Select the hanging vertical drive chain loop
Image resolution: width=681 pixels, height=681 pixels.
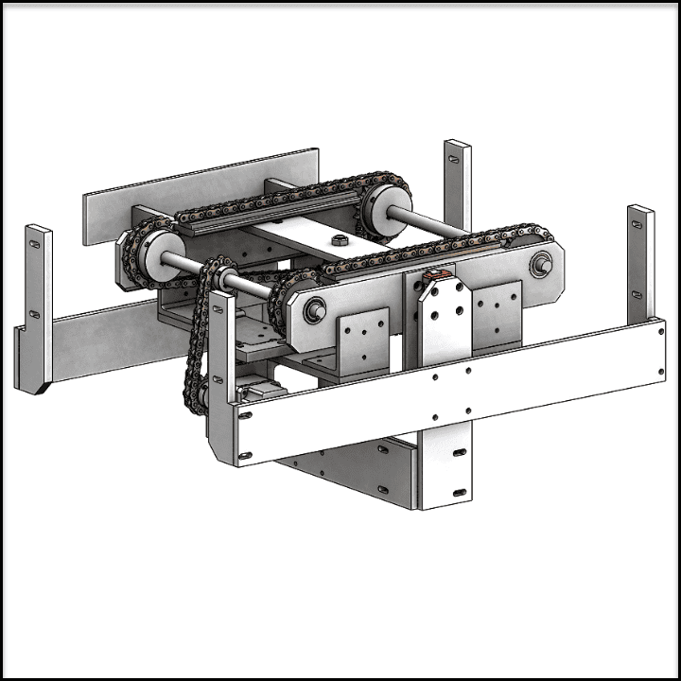199,340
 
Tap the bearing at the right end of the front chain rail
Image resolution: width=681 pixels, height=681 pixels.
542,265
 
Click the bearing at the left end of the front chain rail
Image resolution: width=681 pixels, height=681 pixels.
315,309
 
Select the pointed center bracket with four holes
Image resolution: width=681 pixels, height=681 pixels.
444,326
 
